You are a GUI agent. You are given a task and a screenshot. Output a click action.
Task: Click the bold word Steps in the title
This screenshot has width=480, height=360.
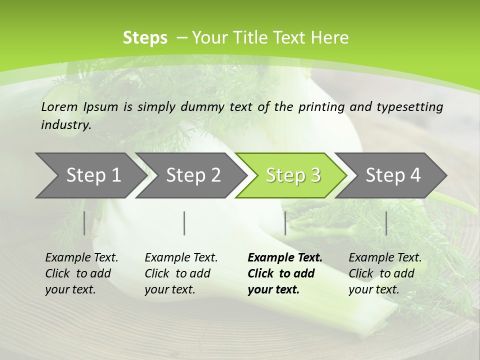pyautogui.click(x=145, y=38)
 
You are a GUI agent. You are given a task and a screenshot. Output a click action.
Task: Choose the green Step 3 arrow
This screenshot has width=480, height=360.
pyautogui.click(x=293, y=175)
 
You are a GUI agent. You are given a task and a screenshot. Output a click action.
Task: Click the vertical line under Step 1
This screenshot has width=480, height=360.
pyautogui.click(x=84, y=223)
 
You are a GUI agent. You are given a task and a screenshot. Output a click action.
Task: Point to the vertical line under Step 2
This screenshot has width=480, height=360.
pyautogui.click(x=184, y=223)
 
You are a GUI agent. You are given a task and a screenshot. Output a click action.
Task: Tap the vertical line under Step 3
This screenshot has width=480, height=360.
pyautogui.click(x=285, y=223)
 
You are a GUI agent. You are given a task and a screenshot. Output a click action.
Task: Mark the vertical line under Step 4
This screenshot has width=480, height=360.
pyautogui.click(x=386, y=223)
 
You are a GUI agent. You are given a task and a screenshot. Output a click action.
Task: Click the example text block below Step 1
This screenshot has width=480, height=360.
pyautogui.click(x=81, y=273)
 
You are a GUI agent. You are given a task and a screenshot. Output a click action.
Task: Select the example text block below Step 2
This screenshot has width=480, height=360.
pyautogui.click(x=181, y=273)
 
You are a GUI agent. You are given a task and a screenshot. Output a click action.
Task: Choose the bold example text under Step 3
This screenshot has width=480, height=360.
pyautogui.click(x=285, y=273)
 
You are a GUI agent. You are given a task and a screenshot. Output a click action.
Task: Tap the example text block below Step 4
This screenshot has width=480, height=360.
pyautogui.click(x=385, y=273)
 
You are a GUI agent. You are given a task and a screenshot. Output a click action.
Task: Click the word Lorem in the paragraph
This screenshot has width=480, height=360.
pyautogui.click(x=60, y=106)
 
